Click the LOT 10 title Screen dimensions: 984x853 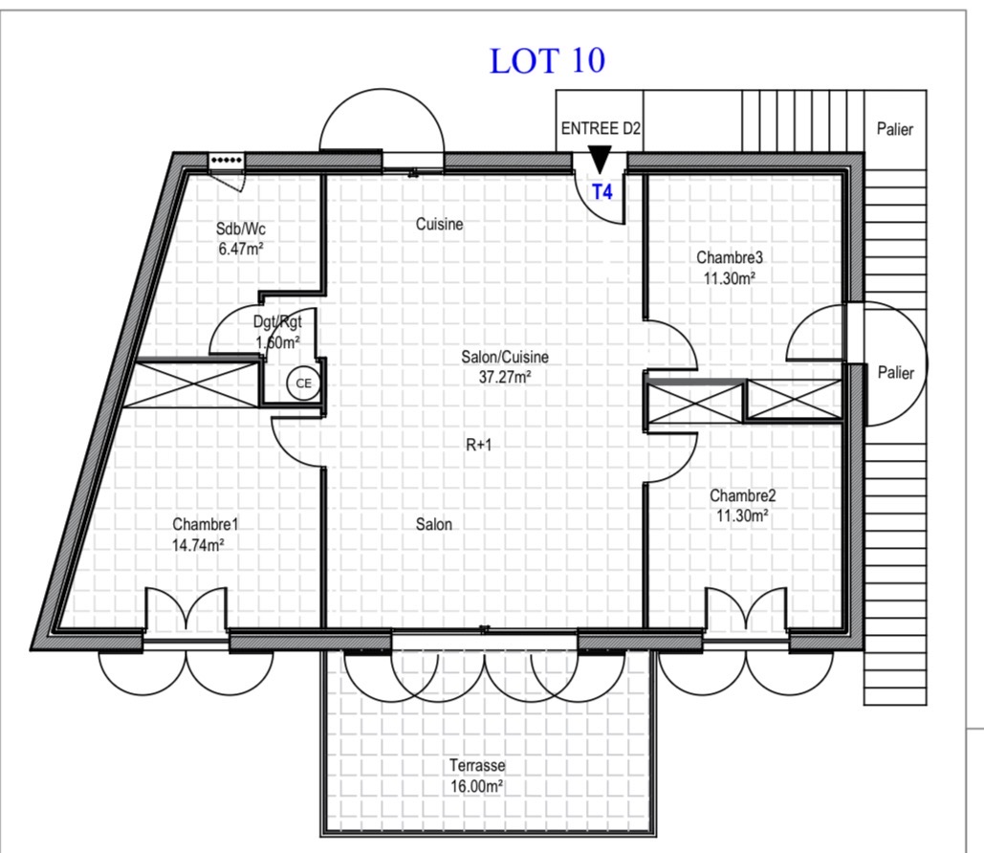coord(547,61)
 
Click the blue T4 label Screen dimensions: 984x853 coord(602,192)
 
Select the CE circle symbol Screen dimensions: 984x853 coord(303,383)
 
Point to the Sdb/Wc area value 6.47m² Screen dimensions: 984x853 coord(241,249)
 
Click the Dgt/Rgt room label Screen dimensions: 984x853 coord(277,322)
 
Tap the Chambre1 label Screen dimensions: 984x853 coord(206,524)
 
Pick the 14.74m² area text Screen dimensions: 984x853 coord(199,545)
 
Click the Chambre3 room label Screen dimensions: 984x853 coord(730,257)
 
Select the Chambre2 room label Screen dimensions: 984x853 coord(742,495)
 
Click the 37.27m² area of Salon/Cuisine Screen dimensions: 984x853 coord(505,377)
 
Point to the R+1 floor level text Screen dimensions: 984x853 coord(479,445)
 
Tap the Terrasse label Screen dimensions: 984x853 coord(477,765)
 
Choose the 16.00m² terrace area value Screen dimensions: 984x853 coord(477,786)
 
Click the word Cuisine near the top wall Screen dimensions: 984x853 coord(439,224)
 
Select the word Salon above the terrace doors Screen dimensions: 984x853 coord(433,524)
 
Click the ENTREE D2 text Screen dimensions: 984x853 coord(601,129)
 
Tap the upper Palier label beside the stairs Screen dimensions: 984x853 coord(895,129)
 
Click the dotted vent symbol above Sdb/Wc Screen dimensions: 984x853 coord(227,160)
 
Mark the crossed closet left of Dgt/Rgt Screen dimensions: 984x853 coord(192,383)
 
